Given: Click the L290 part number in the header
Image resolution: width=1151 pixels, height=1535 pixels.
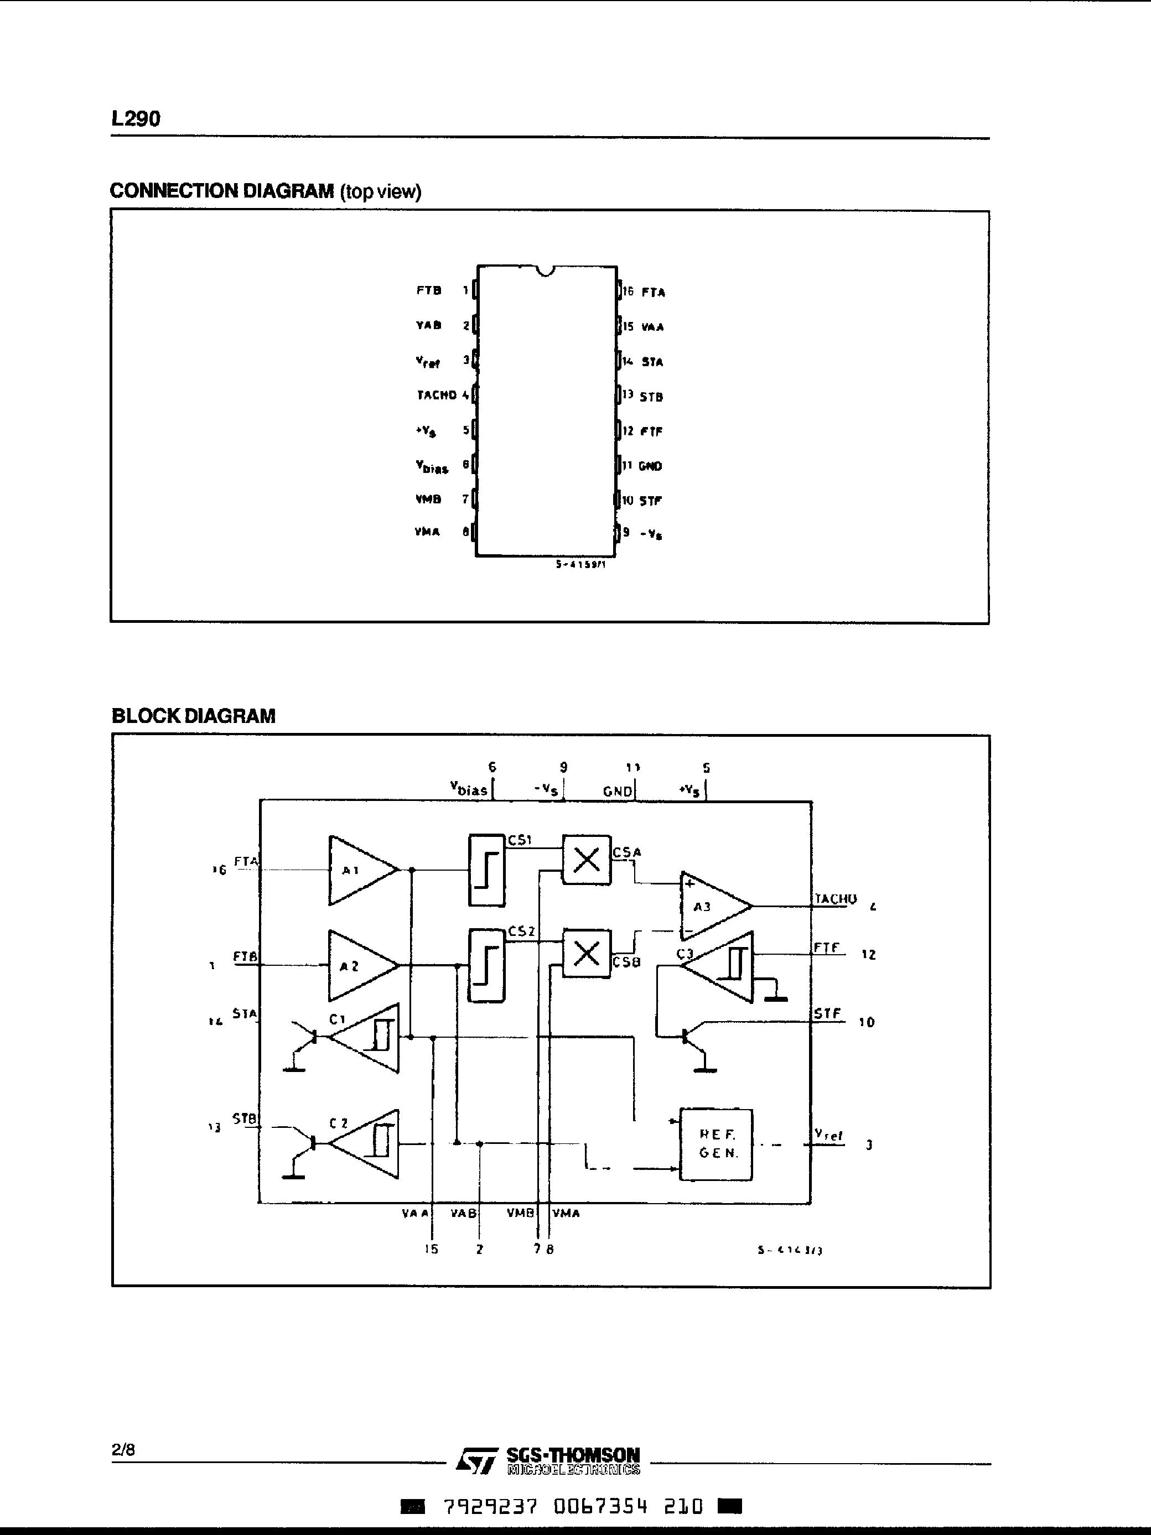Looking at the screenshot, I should tap(136, 119).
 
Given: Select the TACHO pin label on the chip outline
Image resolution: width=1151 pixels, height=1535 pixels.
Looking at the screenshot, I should tap(437, 395).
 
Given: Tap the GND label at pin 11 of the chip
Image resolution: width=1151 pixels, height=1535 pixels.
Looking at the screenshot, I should tap(650, 466).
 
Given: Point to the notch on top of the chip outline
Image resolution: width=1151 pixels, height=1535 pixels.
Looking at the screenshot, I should tap(546, 270).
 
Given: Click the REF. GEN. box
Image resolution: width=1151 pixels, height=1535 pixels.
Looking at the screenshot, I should tap(716, 1144).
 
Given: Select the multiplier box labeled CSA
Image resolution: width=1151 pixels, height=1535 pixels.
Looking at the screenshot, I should tap(587, 860).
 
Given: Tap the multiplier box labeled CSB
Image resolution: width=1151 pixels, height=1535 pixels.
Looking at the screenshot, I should tap(587, 954).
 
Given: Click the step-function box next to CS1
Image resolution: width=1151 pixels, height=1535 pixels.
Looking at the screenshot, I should tap(486, 870).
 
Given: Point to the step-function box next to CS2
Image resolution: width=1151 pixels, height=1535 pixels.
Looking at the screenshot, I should tap(486, 965).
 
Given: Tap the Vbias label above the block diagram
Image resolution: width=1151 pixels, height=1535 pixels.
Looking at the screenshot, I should tap(469, 789).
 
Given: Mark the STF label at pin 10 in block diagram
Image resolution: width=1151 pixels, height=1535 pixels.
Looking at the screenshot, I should tap(827, 1014).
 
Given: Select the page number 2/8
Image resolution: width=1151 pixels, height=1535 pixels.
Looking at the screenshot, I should tap(123, 1450).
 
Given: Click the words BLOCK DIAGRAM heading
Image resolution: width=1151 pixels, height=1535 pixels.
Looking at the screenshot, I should tap(194, 716).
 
